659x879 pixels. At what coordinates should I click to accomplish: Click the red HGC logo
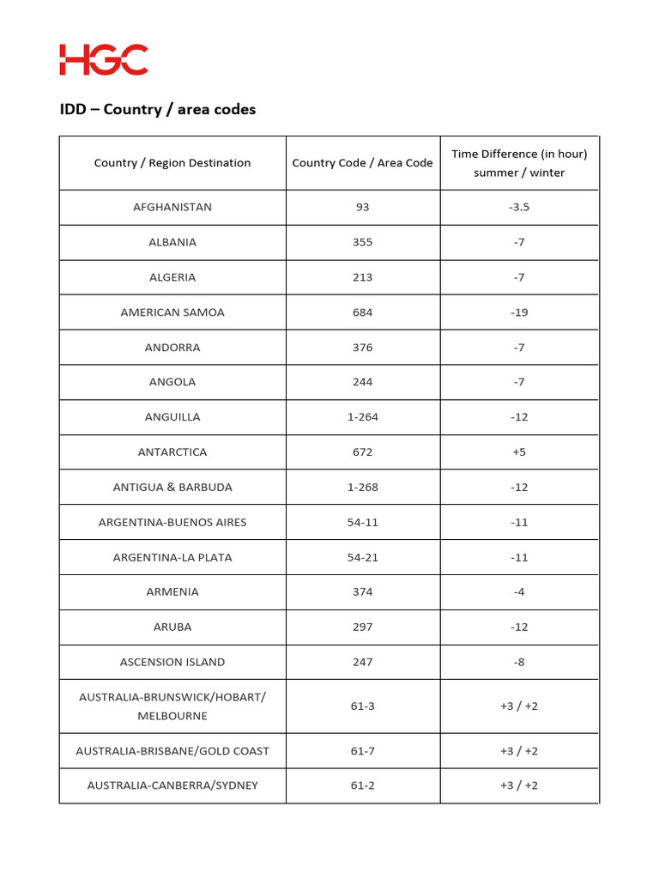point(104,60)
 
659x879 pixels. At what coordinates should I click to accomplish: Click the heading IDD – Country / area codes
point(158,109)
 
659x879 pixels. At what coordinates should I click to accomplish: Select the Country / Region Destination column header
point(172,163)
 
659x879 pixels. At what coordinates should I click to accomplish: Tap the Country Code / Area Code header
point(362,163)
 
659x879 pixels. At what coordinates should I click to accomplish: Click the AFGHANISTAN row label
point(172,207)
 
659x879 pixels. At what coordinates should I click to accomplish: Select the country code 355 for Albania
point(362,242)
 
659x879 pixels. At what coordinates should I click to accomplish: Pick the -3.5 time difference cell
point(519,207)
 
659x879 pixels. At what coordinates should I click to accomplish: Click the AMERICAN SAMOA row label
point(172,312)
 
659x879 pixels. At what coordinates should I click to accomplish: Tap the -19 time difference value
point(519,312)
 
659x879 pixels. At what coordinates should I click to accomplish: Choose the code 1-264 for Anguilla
point(362,417)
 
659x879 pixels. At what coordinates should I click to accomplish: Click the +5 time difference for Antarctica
point(519,452)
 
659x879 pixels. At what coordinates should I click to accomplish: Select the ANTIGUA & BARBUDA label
point(172,488)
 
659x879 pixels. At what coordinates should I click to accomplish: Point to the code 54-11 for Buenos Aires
point(362,522)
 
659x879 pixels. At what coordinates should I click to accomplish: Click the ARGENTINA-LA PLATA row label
point(172,557)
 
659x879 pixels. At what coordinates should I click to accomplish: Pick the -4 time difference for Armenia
point(519,592)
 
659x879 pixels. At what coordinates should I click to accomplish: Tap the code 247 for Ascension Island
point(362,662)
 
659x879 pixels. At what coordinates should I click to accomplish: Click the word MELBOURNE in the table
point(172,716)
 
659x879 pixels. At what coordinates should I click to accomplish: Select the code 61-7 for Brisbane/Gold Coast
point(362,751)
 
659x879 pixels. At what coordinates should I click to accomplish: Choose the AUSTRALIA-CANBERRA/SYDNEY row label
point(172,785)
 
